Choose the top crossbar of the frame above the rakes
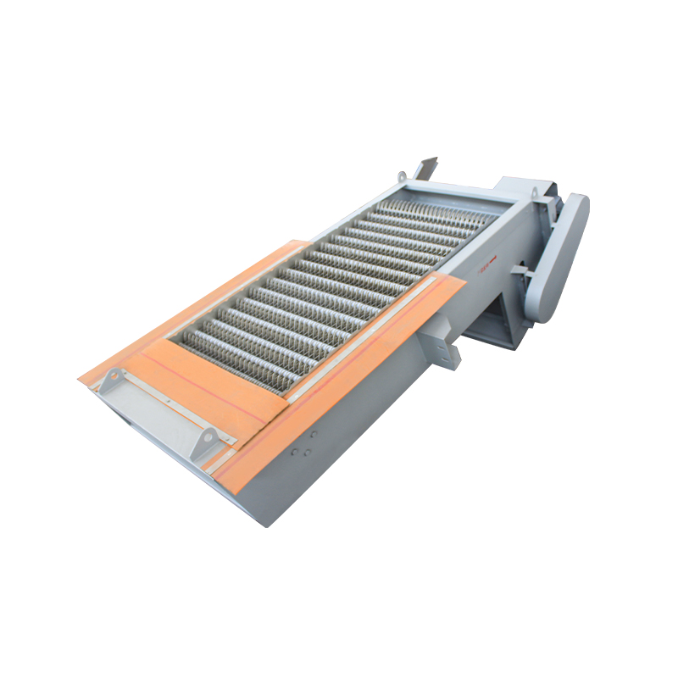[458, 192]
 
